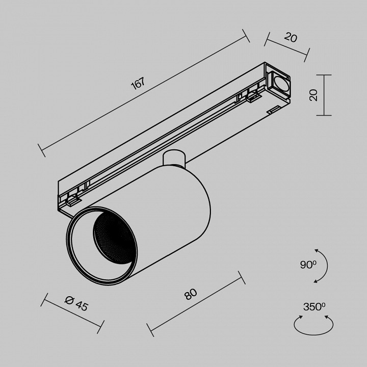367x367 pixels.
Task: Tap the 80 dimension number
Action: click(191, 294)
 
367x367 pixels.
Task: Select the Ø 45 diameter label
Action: click(76, 303)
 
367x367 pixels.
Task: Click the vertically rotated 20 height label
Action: click(313, 94)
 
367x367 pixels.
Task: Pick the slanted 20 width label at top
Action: click(291, 38)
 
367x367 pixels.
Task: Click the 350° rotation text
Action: click(314, 306)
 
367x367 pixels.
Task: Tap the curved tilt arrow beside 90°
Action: click(323, 265)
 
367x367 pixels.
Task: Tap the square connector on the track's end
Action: click(279, 83)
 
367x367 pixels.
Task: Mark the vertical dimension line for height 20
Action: click(324, 95)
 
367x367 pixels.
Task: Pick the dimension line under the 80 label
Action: click(196, 304)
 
